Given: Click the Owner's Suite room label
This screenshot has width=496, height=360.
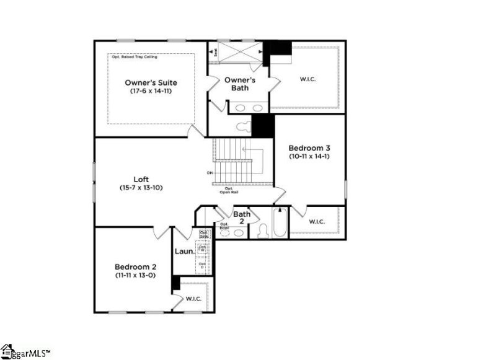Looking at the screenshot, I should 151,82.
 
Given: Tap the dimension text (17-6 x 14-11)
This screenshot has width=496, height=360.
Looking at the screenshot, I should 151,91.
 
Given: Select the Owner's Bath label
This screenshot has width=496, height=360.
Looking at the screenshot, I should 236,84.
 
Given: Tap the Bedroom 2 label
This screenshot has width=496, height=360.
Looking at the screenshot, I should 133,266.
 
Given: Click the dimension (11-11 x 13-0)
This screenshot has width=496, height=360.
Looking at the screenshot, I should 133,274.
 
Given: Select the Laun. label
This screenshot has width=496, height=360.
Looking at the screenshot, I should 185,252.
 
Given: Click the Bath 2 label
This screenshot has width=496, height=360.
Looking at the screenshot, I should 242,217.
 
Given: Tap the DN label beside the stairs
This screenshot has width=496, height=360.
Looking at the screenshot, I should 210,172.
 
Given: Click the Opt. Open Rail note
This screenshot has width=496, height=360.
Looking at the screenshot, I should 229,190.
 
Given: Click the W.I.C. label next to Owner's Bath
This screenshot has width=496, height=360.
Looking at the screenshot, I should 308,79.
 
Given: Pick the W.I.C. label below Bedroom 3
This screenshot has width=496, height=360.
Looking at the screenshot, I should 316,221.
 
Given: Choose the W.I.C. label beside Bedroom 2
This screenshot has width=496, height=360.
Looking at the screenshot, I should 194,299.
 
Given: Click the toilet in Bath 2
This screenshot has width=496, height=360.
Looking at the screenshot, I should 262,230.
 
